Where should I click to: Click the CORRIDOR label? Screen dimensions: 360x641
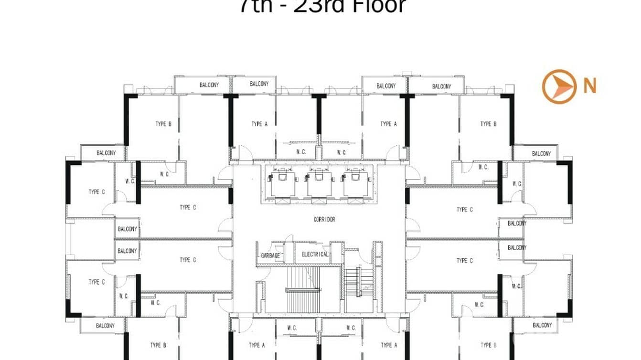tap(324, 219)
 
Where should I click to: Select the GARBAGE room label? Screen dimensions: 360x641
tap(270, 255)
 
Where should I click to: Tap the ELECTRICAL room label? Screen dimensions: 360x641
tap(315, 254)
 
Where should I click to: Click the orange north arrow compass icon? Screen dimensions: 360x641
tap(558, 86)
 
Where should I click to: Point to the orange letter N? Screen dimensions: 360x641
tap(590, 86)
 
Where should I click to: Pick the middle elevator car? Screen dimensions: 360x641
tap(320, 183)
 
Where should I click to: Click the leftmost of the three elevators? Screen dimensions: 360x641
tap(283, 183)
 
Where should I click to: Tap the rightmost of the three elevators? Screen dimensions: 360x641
tap(355, 183)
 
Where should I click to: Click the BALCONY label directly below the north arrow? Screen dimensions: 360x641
tap(541, 154)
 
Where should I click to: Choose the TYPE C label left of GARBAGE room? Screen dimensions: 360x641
tap(188, 260)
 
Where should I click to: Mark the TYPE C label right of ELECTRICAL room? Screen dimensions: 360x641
tap(464, 260)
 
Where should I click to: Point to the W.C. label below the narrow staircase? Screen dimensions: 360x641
tap(351, 328)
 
